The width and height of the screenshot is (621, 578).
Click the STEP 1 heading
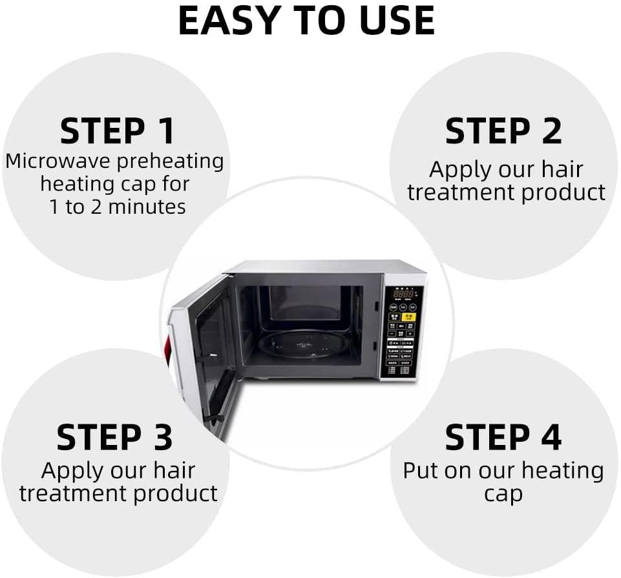[117, 131]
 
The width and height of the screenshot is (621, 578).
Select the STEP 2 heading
[503, 131]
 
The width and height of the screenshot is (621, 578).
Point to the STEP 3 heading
[114, 437]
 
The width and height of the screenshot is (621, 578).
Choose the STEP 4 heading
[503, 437]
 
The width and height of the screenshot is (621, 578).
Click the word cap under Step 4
[503, 494]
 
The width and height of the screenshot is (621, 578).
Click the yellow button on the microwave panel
[408, 316]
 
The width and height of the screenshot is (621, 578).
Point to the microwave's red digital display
[403, 294]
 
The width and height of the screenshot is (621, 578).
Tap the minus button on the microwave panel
[392, 334]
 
